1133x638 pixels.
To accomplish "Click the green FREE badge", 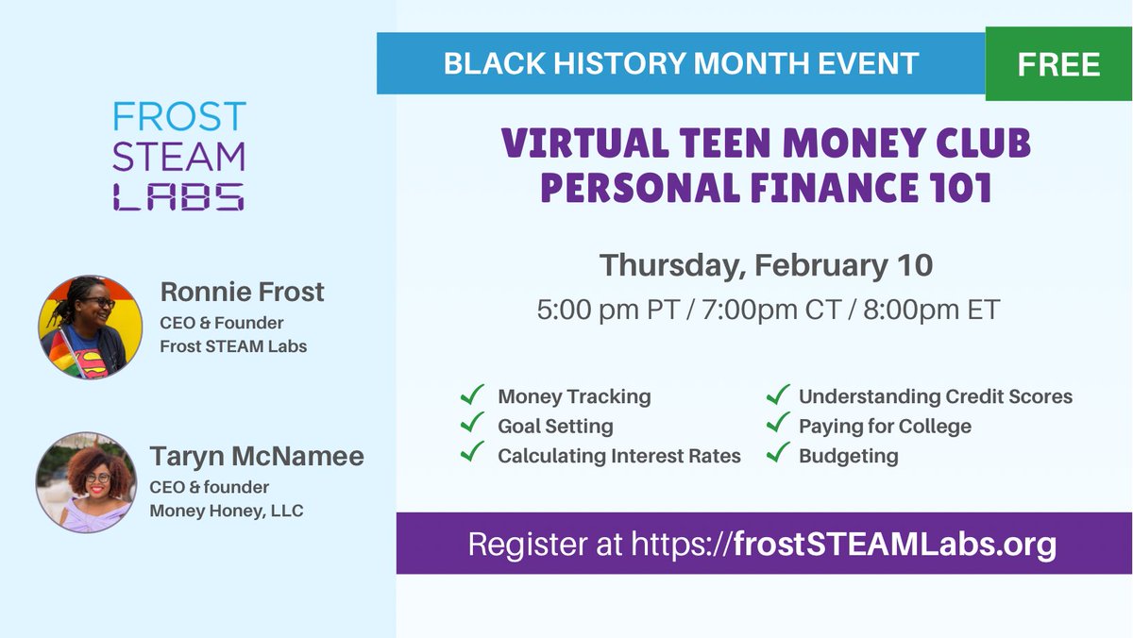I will coord(1058,63).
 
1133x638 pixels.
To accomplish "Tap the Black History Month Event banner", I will coord(680,63).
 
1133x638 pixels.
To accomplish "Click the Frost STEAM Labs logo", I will coord(178,156).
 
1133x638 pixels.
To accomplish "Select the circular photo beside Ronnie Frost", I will coord(90,327).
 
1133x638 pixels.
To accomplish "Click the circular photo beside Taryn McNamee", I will coord(86,482).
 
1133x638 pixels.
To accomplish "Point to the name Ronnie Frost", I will coord(242,293).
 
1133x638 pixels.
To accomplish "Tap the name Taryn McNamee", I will coord(256,457).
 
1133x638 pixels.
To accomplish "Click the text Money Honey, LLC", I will coord(225,511).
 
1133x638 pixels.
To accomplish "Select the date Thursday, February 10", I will coord(766,264).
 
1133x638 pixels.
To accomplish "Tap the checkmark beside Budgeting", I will coord(778,454).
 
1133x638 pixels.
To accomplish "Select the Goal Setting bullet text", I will coord(555,426).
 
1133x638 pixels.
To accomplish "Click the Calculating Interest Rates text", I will coord(619,456).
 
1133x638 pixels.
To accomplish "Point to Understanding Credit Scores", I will coord(935,396).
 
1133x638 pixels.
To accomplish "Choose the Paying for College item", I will coord(885,426).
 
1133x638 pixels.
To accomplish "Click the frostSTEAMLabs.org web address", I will coord(894,545).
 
